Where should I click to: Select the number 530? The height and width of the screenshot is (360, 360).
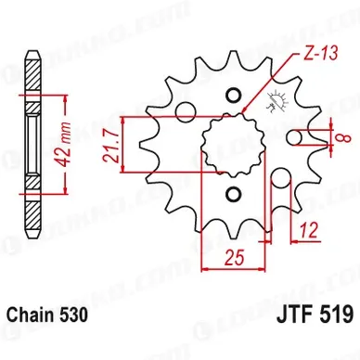pos(75,315)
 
